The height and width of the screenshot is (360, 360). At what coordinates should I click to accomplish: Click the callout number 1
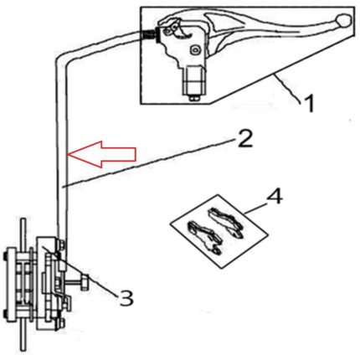(309, 103)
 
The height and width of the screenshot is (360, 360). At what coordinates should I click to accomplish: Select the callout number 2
(244, 138)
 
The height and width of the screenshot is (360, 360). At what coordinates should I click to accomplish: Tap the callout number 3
(126, 297)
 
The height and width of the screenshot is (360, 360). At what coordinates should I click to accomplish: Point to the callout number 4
(275, 197)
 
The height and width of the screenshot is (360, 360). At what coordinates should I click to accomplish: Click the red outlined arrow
(102, 154)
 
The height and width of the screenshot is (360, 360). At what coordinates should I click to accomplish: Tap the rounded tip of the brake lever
(343, 21)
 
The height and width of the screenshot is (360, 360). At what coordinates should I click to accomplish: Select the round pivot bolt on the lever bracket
(193, 50)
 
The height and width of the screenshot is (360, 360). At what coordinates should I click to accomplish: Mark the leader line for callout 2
(148, 163)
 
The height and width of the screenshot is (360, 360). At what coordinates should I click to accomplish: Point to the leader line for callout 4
(255, 207)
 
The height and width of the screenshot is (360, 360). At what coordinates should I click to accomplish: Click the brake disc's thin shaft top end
(23, 219)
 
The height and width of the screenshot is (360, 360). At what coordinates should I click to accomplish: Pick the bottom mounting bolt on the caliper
(61, 322)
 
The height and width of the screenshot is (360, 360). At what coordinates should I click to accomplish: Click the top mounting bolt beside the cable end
(61, 245)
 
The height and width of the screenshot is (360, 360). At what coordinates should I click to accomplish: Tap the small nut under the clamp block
(194, 99)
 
